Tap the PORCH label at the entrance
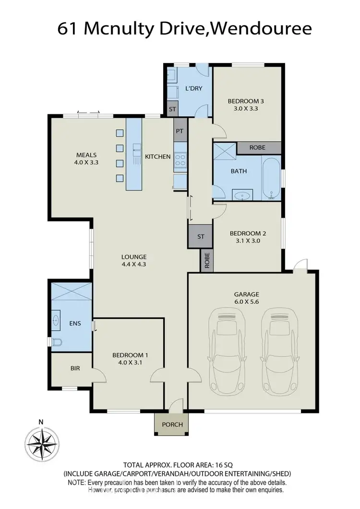pyautogui.click(x=171, y=424)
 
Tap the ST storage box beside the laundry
pyautogui.click(x=172, y=109)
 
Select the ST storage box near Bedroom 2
pyautogui.click(x=201, y=236)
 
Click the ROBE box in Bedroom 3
pyautogui.click(x=258, y=148)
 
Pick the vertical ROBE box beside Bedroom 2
pyautogui.click(x=207, y=260)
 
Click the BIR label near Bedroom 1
pyautogui.click(x=75, y=368)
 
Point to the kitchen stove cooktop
pyautogui.click(x=180, y=159)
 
